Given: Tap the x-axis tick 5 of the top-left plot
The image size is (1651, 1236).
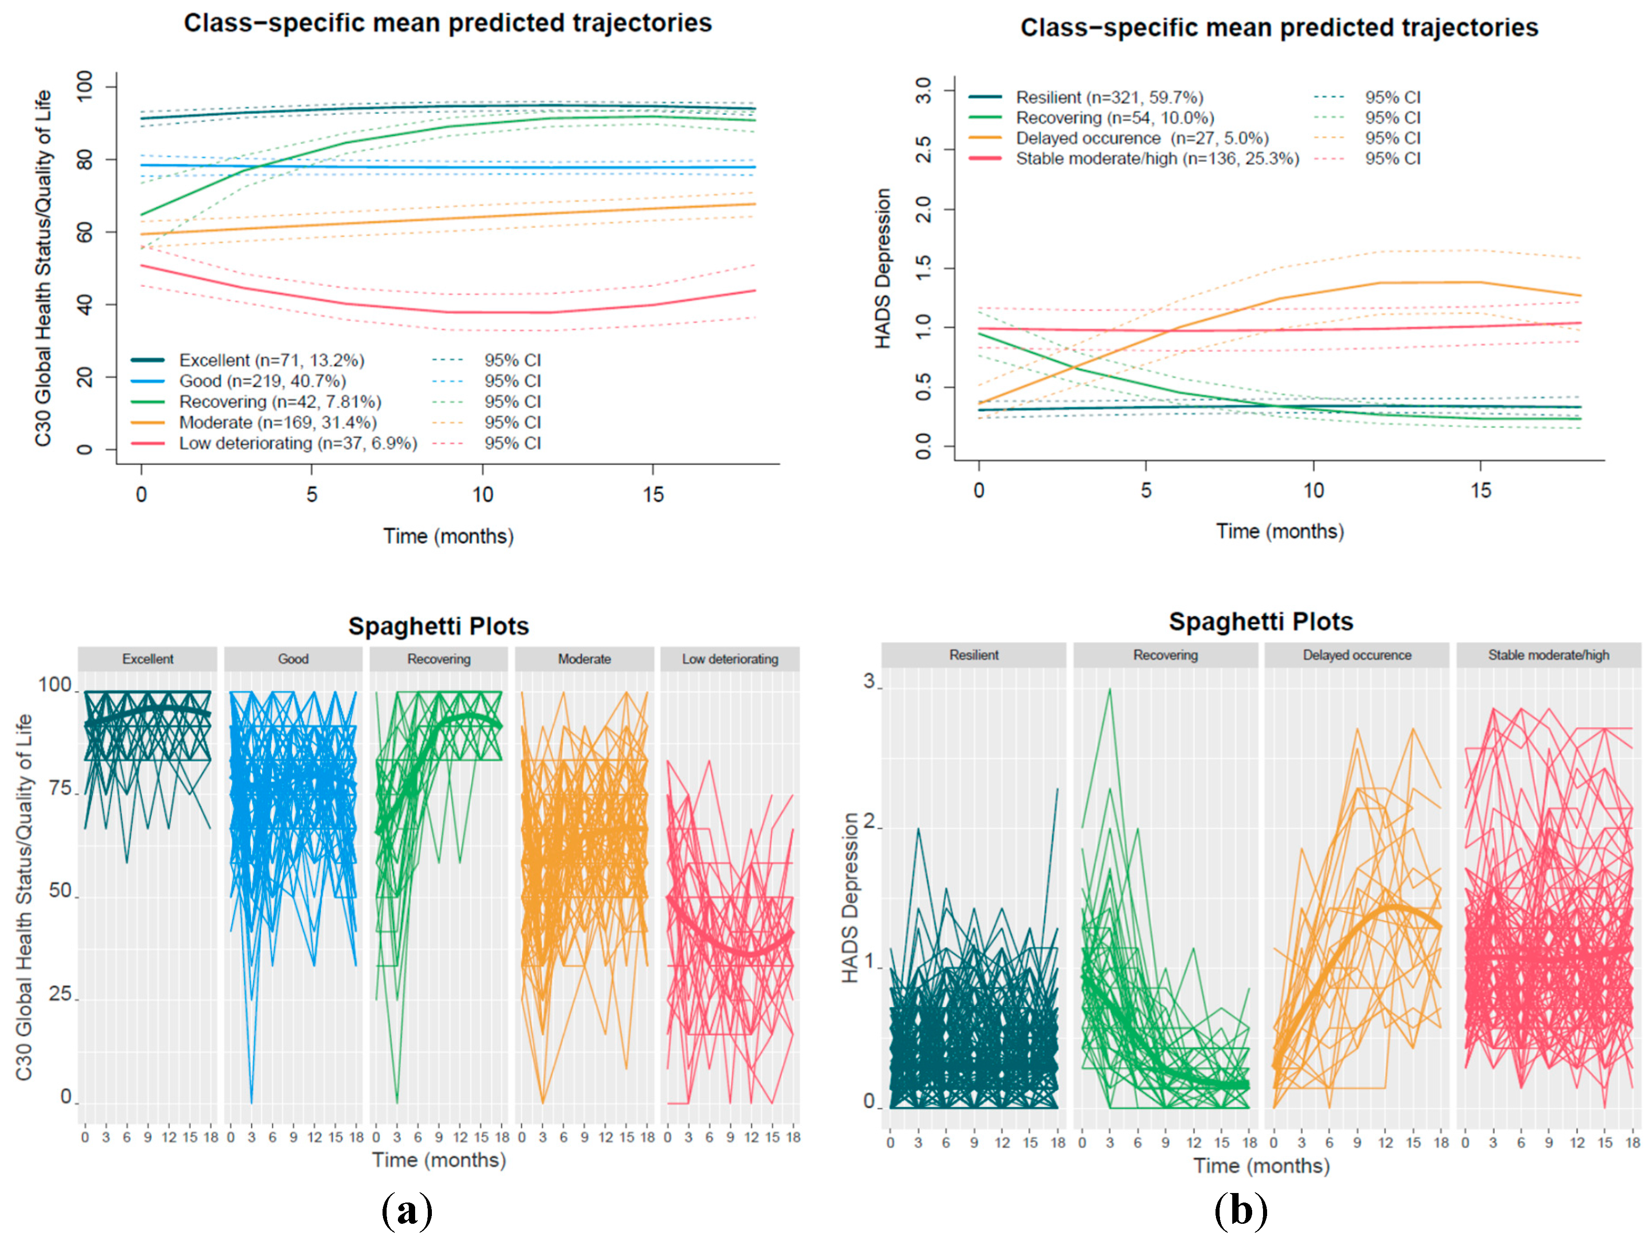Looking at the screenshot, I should point(311,494).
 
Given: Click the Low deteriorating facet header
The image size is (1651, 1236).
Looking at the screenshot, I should point(729,659).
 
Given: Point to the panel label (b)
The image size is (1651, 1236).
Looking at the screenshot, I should point(1240,1210).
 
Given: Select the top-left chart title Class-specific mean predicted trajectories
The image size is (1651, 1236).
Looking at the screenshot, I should point(448,23).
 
